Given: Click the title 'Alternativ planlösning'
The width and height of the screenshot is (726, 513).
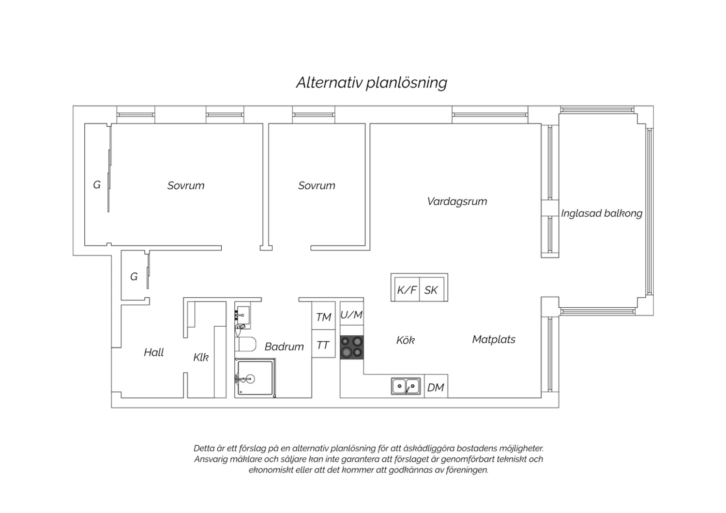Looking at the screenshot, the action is point(371,83).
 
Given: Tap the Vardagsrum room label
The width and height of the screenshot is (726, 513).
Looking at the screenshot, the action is point(457,202).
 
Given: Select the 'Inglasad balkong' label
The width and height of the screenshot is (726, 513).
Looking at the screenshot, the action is point(602,213).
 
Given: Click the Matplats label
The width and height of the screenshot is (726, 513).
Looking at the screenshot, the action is point(494,339).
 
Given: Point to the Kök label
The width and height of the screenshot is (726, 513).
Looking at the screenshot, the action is point(406,340).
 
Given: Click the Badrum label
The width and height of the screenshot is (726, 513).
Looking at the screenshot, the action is point(284,347).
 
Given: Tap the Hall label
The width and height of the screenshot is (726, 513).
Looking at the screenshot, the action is point(153,352).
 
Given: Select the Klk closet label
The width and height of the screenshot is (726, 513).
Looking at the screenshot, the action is point(201,357).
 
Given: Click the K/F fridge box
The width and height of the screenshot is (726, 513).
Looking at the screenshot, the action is point(407,289).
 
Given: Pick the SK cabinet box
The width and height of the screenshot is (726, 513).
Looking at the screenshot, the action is point(432,289).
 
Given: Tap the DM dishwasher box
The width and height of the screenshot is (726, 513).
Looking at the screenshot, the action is point(436,386).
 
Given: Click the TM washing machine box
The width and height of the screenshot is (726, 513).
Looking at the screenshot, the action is point(323,316).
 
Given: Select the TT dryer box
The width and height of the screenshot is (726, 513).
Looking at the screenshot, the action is point(323,344).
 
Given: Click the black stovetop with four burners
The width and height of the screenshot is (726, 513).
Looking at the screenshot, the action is point(352,347).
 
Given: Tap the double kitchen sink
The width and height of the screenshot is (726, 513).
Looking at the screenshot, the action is point(406,386).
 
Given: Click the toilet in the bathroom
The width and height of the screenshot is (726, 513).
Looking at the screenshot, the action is point(246,344).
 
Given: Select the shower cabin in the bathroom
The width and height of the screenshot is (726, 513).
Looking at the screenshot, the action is point(255,378).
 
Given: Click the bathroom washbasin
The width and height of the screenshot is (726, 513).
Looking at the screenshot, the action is point(242,315).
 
